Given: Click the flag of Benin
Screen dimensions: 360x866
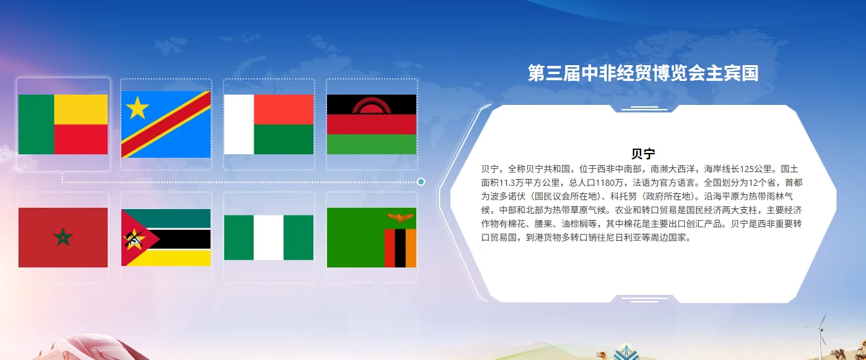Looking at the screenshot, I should pyautogui.click(x=63, y=124).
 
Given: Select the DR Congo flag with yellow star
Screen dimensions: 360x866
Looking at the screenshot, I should pyautogui.click(x=166, y=124).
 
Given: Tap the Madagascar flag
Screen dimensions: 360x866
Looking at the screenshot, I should pyautogui.click(x=269, y=124).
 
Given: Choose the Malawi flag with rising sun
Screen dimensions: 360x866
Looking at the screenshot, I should pyautogui.click(x=371, y=124).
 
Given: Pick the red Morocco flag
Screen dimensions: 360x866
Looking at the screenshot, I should pyautogui.click(x=63, y=237).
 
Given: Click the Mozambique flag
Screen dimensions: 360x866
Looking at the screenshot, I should pyautogui.click(x=166, y=237).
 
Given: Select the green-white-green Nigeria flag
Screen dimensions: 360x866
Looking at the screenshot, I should pyautogui.click(x=269, y=237).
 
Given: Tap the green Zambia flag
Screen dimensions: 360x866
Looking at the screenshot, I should pyautogui.click(x=371, y=237).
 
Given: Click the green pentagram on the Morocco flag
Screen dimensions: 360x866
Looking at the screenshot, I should pyautogui.click(x=63, y=238).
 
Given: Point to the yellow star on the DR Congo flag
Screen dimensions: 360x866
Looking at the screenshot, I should pyautogui.click(x=137, y=107).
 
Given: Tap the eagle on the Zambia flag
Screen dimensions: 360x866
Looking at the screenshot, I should pyautogui.click(x=400, y=219).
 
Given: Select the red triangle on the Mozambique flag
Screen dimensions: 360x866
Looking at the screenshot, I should pyautogui.click(x=134, y=238).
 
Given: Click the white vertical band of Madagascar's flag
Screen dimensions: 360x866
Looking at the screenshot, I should pyautogui.click(x=239, y=124).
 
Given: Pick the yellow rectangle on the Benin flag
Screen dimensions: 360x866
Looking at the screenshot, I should pyautogui.click(x=81, y=109).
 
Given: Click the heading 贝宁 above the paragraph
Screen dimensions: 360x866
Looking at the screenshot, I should pyautogui.click(x=643, y=154).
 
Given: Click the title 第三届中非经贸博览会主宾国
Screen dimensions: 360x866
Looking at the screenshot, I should pyautogui.click(x=643, y=73).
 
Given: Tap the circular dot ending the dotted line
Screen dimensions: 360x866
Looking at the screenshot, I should pyautogui.click(x=421, y=182).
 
